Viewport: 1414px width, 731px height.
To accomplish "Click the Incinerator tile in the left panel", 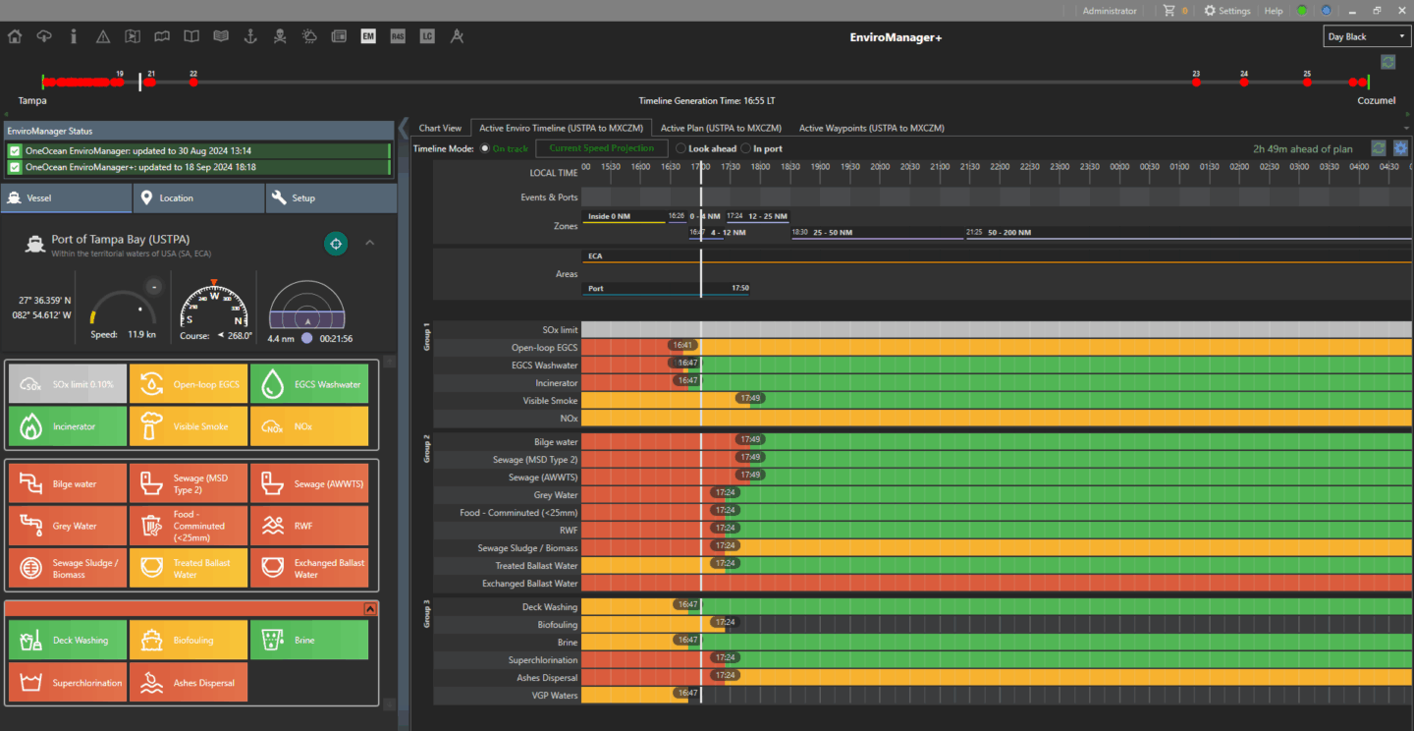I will [x=68, y=426].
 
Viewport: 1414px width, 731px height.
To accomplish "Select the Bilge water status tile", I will [x=68, y=484].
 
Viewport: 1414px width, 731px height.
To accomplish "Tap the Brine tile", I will [x=309, y=640].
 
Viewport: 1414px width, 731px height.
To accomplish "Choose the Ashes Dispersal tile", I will [x=189, y=683].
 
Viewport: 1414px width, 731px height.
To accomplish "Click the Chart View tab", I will [x=440, y=128].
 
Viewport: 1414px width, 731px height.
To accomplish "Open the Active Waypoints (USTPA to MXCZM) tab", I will [x=871, y=128].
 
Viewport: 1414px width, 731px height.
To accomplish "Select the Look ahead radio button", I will [x=681, y=148].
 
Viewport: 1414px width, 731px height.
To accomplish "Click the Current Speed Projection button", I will [x=601, y=148].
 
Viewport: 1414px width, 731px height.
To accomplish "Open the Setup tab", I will [x=331, y=197].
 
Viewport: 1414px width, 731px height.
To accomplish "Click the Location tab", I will [x=199, y=197].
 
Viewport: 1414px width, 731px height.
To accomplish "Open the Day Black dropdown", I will [x=1367, y=36].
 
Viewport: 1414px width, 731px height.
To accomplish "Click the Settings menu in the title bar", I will [x=1227, y=11].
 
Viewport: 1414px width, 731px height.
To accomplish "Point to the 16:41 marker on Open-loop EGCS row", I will [x=683, y=346].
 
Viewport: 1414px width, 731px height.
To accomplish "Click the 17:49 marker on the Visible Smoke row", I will [x=750, y=399].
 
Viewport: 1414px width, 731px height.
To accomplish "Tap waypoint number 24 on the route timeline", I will [x=1244, y=83].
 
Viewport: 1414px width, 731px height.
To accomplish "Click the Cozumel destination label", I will [x=1376, y=101].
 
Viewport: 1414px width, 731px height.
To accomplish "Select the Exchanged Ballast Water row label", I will [x=529, y=584].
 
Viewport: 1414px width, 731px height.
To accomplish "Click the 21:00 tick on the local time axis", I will [x=939, y=167].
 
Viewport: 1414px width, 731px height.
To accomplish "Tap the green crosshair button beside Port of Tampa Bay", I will [x=336, y=244].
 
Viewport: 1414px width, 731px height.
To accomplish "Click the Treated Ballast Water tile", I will [x=189, y=569].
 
